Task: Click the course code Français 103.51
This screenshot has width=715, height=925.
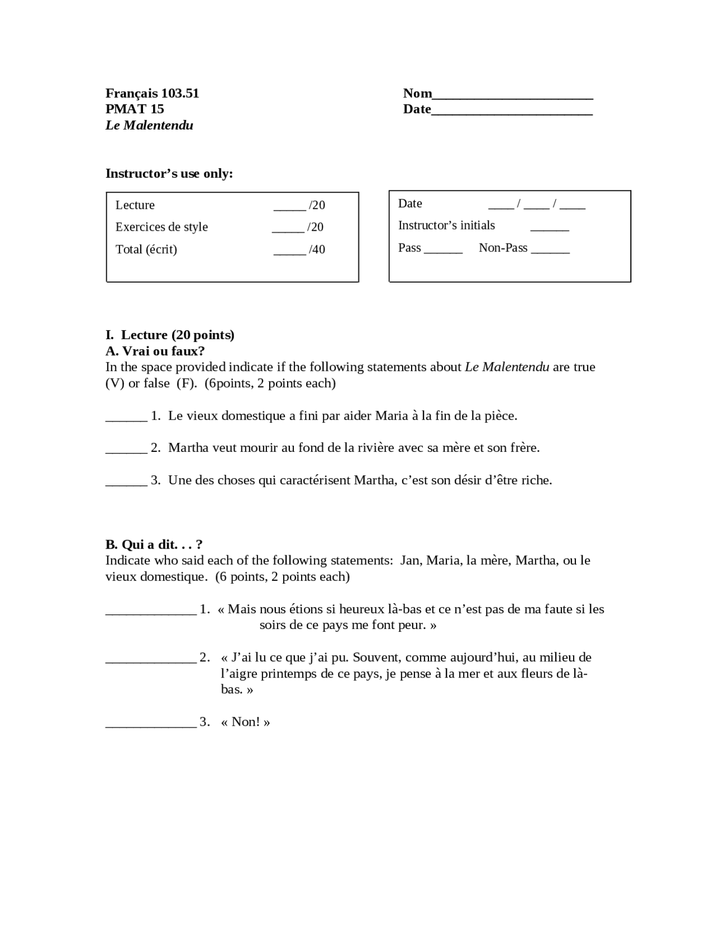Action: [x=152, y=93]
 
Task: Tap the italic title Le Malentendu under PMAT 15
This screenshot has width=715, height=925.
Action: [x=149, y=125]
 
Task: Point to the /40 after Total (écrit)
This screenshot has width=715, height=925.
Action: [x=317, y=249]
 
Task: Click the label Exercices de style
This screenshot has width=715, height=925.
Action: [x=161, y=227]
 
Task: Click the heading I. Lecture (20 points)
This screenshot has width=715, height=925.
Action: [x=170, y=335]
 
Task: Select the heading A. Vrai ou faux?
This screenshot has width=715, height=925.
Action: [x=155, y=351]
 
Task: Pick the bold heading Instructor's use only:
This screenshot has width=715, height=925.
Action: [x=169, y=173]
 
